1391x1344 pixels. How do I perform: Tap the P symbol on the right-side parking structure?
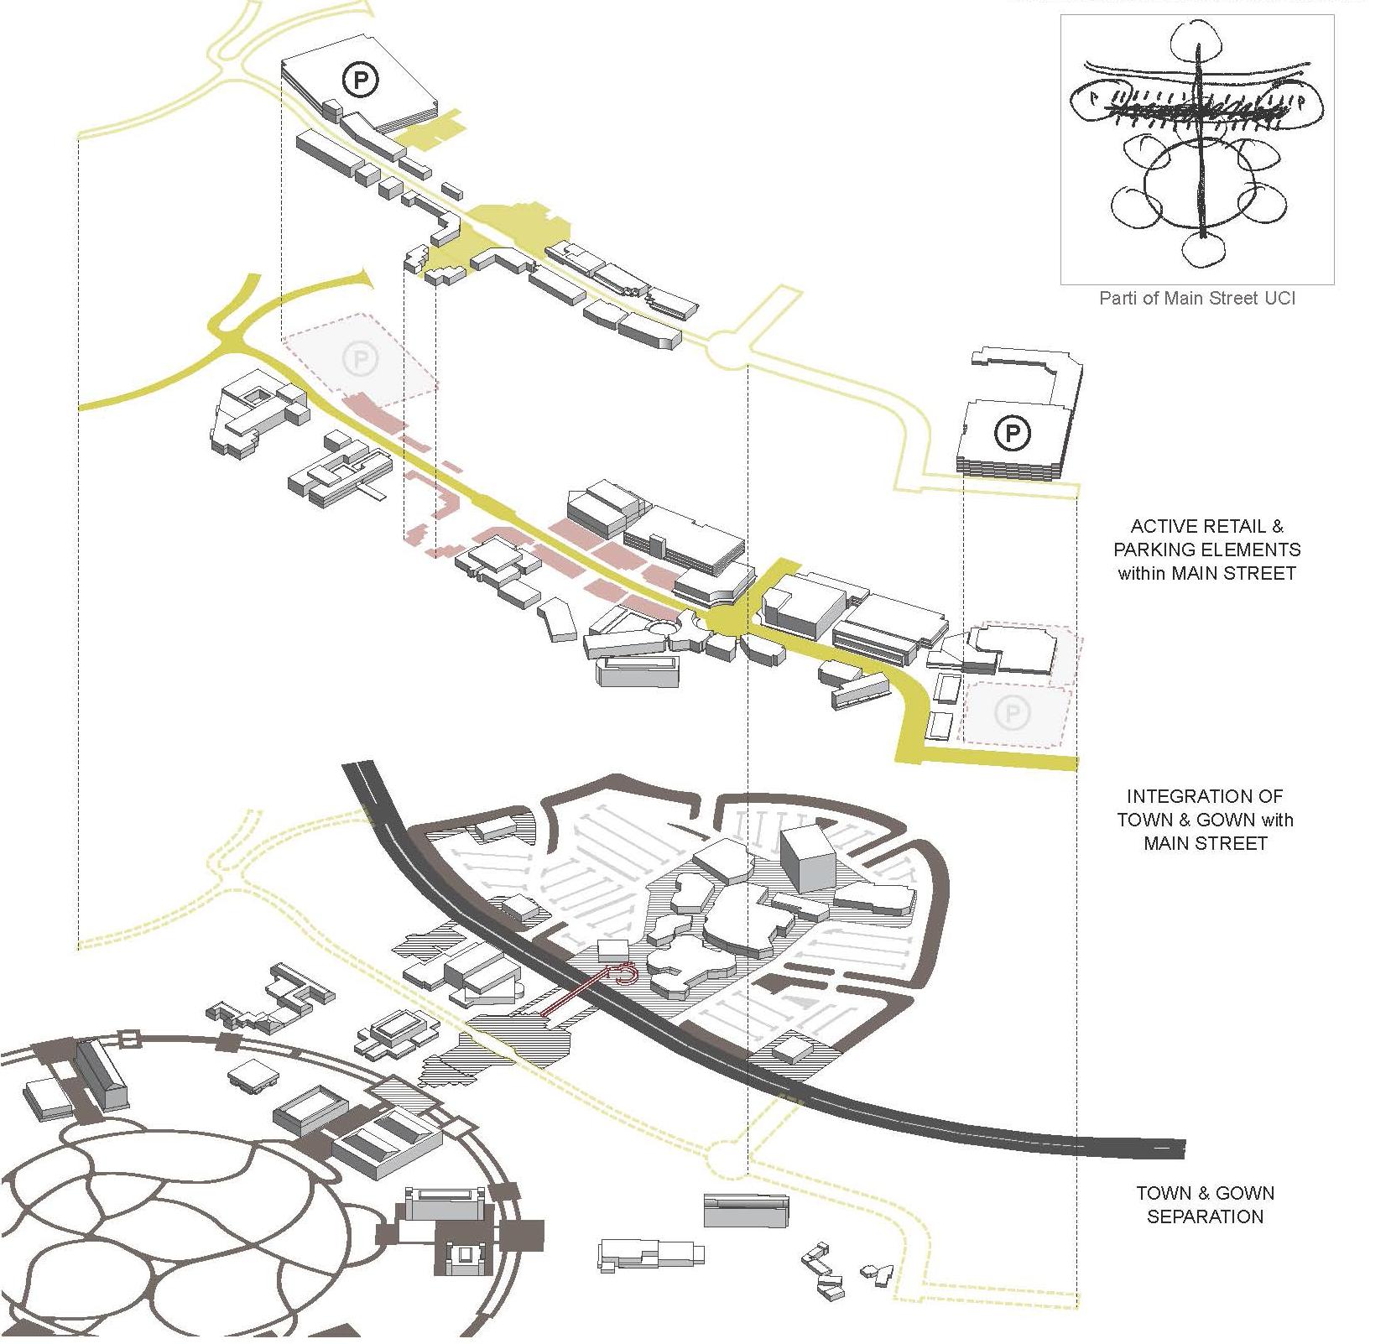point(1013,433)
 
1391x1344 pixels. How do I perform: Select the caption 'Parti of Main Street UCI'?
point(1197,298)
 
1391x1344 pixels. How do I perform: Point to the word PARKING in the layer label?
point(1157,550)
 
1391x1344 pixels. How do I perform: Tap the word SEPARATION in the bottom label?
point(1205,1216)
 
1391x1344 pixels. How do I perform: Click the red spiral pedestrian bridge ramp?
point(625,973)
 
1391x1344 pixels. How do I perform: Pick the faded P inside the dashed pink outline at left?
point(361,359)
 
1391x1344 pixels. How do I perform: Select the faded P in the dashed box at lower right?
point(1012,713)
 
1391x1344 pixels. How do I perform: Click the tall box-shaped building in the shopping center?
point(807,857)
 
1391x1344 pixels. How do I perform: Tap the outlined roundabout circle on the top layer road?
point(727,351)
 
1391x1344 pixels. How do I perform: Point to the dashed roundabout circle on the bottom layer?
point(727,1159)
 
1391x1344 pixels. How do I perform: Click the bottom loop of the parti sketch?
point(1204,248)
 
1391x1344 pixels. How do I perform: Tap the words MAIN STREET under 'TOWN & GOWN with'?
point(1205,843)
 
